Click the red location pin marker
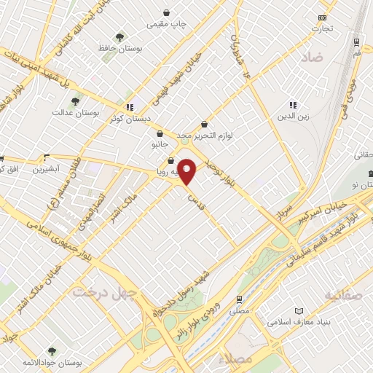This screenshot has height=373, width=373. (187, 172)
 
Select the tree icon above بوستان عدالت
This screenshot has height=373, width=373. (75, 101)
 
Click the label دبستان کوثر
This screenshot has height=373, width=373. (130, 117)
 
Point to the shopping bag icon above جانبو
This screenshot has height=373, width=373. (160, 133)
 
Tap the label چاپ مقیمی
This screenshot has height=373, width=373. (167, 24)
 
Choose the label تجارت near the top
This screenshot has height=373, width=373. (322, 28)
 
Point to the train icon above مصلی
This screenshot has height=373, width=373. (238, 299)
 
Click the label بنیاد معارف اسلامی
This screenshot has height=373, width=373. (295, 321)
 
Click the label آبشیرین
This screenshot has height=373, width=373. (47, 170)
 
